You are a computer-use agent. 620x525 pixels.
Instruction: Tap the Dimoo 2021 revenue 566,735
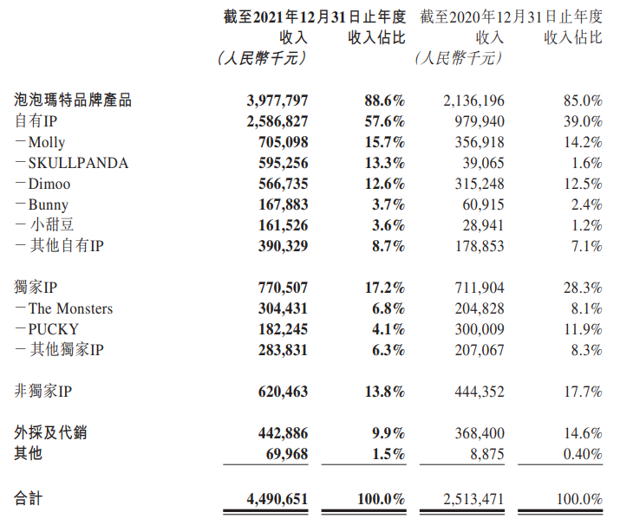[277, 184]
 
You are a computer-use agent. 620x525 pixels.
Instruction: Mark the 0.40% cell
[579, 453]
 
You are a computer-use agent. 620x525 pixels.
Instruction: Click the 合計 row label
[29, 498]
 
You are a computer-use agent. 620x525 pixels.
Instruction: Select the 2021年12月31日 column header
[314, 16]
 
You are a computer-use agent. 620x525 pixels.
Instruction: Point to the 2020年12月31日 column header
[511, 16]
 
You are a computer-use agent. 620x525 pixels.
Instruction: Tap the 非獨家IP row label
[42, 391]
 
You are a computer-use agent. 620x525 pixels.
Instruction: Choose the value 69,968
[284, 453]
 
